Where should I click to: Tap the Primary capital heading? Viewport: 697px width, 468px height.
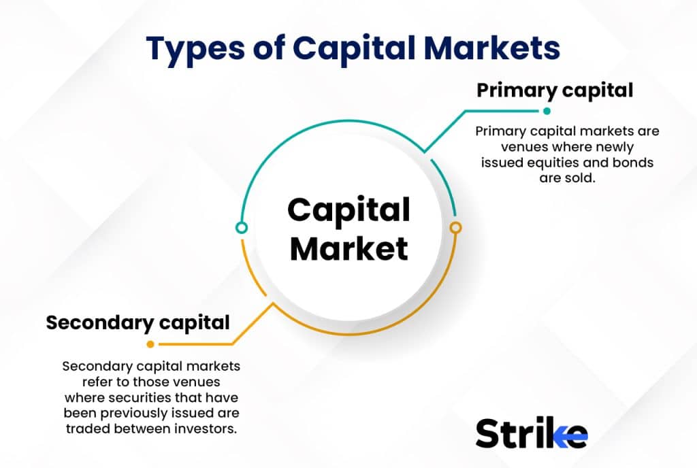pyautogui.click(x=554, y=90)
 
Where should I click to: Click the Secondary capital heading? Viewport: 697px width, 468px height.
pyautogui.click(x=137, y=322)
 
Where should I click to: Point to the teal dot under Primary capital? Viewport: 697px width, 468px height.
pyautogui.click(x=547, y=111)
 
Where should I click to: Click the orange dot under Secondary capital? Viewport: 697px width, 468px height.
pyautogui.click(x=150, y=344)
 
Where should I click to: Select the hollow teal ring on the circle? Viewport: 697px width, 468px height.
pyautogui.click(x=241, y=227)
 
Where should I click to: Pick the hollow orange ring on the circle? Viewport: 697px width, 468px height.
pyautogui.click(x=456, y=227)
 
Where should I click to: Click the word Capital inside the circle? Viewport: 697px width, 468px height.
pyautogui.click(x=348, y=210)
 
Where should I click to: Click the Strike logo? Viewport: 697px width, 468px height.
pyautogui.click(x=531, y=433)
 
